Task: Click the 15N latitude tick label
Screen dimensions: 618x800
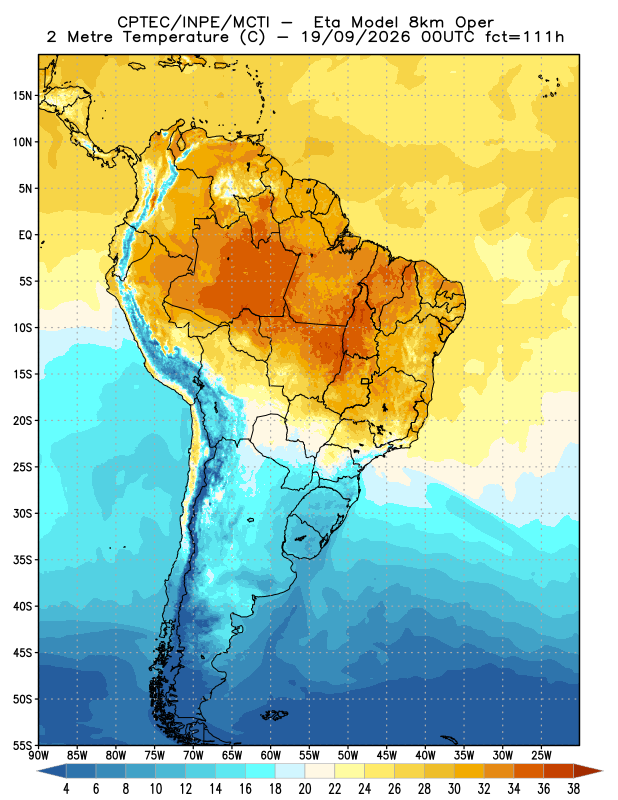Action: pos(22,95)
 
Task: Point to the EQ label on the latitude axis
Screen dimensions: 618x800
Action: pos(26,235)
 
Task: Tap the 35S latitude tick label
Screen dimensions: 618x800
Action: pos(22,560)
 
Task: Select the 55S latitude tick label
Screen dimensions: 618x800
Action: pos(22,746)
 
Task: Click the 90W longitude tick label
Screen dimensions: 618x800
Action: pos(38,755)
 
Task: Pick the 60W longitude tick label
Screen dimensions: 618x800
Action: pos(270,755)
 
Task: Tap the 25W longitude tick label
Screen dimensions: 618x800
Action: pos(541,755)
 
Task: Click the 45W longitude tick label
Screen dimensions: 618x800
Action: pos(386,755)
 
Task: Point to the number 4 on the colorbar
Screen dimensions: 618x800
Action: pos(66,789)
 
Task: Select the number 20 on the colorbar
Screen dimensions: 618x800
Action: pos(305,789)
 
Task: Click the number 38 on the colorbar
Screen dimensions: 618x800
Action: pos(573,789)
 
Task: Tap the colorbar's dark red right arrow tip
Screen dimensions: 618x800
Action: pos(602,771)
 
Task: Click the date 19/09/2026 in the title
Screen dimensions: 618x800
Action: pos(356,37)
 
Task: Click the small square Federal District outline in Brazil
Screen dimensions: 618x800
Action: pos(365,381)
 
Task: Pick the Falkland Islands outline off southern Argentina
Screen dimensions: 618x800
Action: pos(274,715)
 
